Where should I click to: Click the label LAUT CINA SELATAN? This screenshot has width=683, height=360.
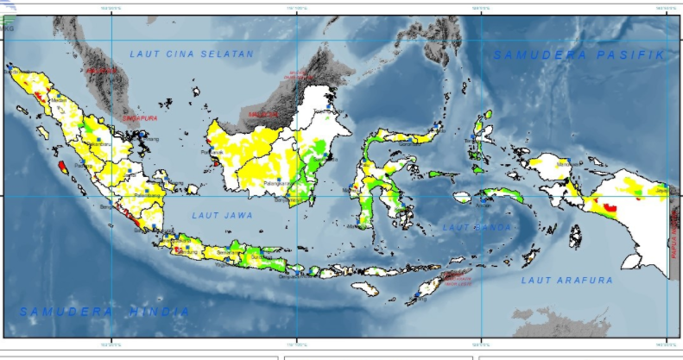click(192, 54)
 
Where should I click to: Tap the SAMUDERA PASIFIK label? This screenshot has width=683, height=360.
click(581, 54)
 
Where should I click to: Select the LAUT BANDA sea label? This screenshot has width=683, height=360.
click(474, 227)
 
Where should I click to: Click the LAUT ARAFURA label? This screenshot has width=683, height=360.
click(566, 281)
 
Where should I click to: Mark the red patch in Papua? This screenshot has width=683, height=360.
click(610, 207)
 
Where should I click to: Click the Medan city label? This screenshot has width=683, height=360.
click(60, 100)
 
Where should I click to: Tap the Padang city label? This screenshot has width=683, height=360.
click(84, 165)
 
